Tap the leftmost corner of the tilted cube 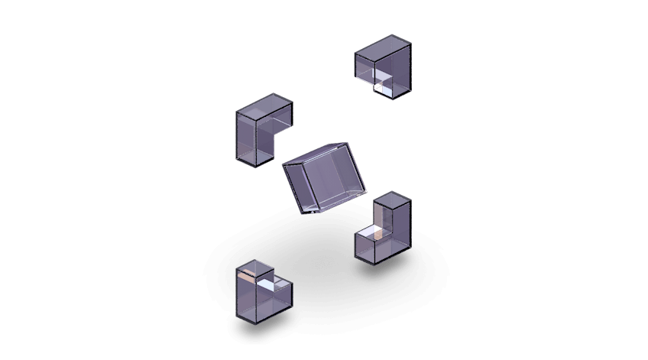tap(283, 164)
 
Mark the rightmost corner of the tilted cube tap(367, 191)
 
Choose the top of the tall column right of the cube tap(392, 199)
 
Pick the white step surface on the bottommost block tap(269, 284)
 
